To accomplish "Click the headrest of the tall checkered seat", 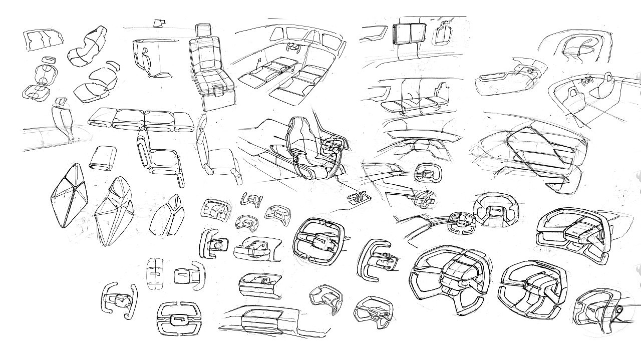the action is click(203, 30).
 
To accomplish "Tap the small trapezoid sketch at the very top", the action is click(160, 22).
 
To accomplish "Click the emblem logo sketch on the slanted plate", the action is click(358, 198).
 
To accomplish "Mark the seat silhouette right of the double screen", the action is click(443, 33).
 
